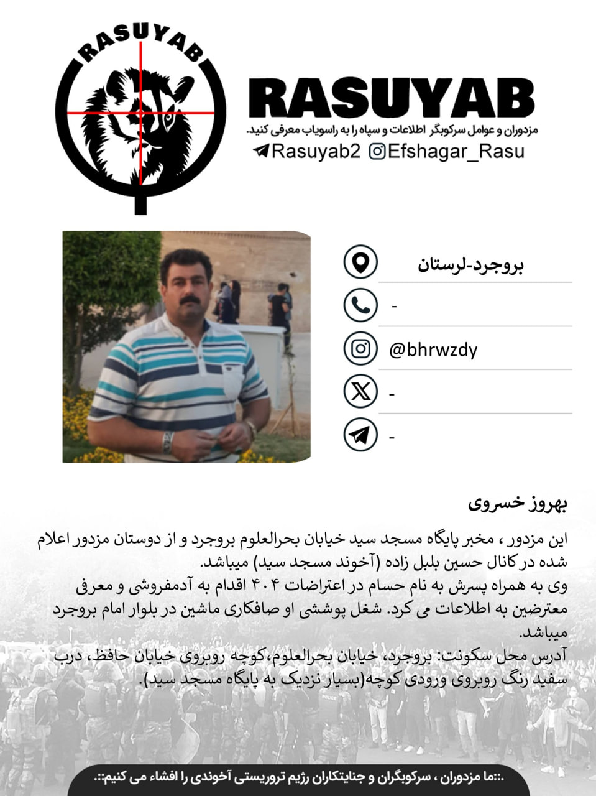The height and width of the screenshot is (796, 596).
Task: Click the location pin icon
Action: click(360, 262)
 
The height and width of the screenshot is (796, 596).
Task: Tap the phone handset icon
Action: click(360, 305)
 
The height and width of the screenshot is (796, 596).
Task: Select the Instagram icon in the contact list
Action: click(360, 348)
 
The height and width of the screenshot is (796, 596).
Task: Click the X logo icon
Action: click(360, 392)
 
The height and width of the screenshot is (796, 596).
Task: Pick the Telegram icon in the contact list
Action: click(360, 435)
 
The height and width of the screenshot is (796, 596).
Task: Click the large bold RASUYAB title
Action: click(392, 99)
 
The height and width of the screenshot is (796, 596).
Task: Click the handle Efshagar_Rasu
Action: click(456, 151)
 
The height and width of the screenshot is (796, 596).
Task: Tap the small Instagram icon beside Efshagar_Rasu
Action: click(377, 151)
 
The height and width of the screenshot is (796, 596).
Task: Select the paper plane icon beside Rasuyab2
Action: click(261, 151)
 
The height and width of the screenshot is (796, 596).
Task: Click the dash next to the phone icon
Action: click(394, 306)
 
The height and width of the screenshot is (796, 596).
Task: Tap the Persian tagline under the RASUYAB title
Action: click(392, 131)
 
